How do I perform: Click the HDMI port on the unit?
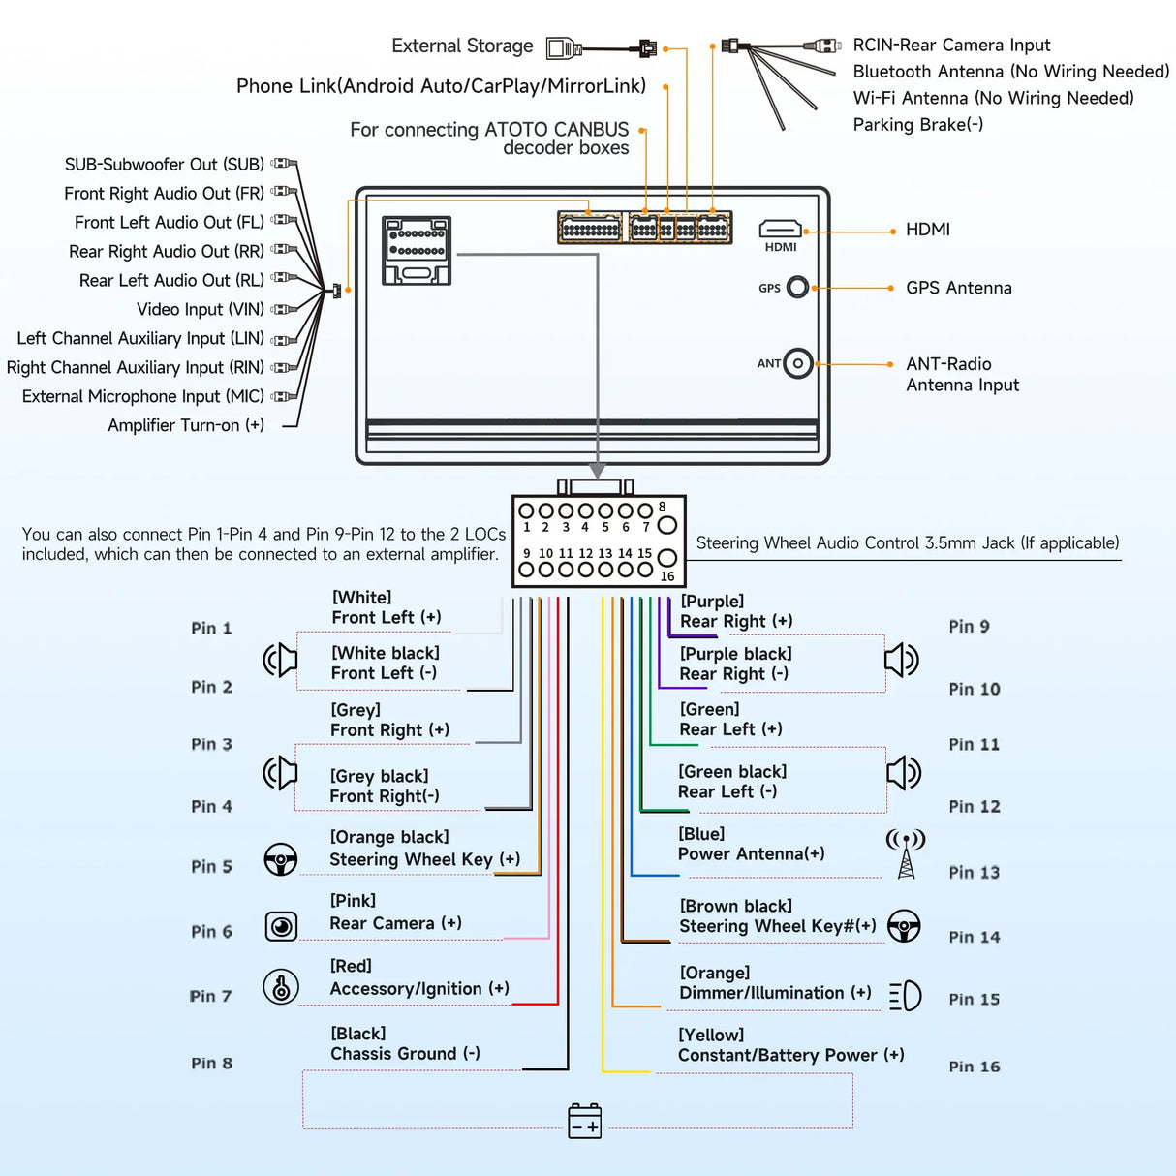coord(780,229)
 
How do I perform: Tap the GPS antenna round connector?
coord(797,287)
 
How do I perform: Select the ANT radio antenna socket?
coord(797,363)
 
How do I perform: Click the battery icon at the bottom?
coord(585,1121)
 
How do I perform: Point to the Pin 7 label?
coord(211,996)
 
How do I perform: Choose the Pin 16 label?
coord(975,1067)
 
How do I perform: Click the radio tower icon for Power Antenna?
coord(906,853)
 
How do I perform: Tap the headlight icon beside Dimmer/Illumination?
coord(906,996)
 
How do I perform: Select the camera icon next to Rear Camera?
coord(281,927)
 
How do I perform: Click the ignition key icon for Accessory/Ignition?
coord(281,987)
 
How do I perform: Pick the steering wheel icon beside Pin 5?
coord(281,859)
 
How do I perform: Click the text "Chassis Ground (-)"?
coord(405,1054)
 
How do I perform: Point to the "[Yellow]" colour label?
coord(711,1035)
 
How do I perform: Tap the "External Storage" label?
coord(462,46)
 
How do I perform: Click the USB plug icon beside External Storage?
coord(564,47)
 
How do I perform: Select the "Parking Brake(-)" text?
coord(917,125)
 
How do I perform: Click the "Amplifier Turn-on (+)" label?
coord(186,425)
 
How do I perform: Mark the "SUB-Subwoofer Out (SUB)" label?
coord(165,165)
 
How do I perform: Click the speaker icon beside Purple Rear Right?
coord(902,660)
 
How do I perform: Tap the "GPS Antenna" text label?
coord(958,288)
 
